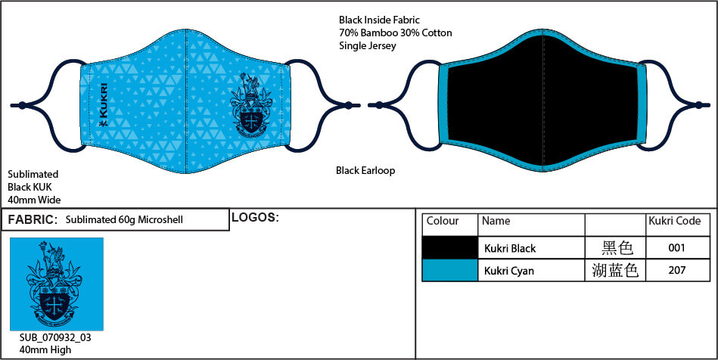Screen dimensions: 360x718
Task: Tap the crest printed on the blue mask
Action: [250, 106]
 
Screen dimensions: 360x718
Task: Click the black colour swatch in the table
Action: [449, 248]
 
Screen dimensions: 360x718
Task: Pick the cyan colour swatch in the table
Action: [449, 270]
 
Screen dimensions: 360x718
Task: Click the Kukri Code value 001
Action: [677, 248]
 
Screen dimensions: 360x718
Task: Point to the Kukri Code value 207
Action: [677, 270]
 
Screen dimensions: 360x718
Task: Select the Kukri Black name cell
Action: [509, 248]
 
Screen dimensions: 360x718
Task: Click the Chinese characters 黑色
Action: [615, 248]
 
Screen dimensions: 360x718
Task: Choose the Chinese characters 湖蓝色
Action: [615, 270]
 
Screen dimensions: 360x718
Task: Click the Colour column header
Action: [443, 222]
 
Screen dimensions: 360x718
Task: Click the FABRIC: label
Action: [33, 220]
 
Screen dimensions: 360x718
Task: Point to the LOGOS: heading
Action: [255, 218]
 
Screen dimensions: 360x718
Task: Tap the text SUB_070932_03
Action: [55, 337]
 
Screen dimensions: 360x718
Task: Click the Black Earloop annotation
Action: [365, 171]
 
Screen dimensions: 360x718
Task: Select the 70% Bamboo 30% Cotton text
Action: [396, 33]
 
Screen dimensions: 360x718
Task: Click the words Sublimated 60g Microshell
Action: [125, 220]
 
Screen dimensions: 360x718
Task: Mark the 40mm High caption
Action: [45, 349]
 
